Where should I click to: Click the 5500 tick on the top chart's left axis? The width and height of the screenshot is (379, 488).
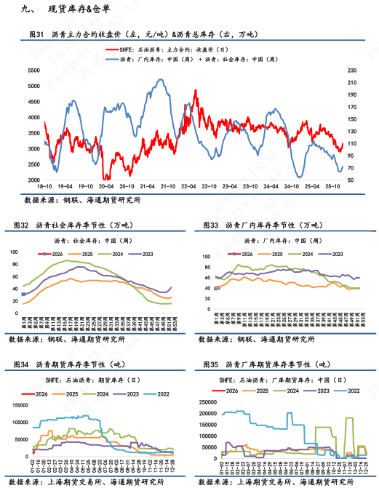click(33, 71)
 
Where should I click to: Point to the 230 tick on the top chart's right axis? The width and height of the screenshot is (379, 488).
click(353, 71)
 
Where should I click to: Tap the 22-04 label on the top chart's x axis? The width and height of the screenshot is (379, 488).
click(189, 186)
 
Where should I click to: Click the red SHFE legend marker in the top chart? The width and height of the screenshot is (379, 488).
click(112, 49)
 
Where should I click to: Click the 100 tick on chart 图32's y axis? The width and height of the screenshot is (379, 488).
click(13, 252)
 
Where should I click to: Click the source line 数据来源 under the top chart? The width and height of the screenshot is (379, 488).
click(82, 199)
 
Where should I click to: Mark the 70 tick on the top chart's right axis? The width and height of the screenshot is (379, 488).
click(351, 180)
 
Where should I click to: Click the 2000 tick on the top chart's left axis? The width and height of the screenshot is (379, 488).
click(33, 180)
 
